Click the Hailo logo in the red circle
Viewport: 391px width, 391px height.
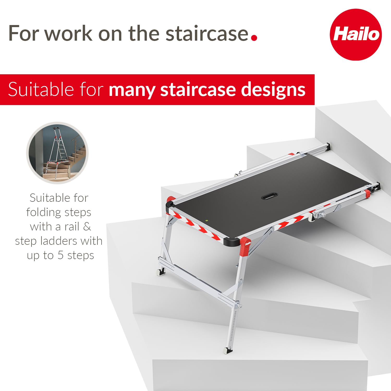pos(356,34)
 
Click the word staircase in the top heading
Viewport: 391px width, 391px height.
pos(207,33)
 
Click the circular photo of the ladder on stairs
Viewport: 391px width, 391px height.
pos(57,153)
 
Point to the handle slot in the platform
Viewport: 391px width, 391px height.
pos(269,196)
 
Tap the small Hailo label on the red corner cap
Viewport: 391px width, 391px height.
pos(248,244)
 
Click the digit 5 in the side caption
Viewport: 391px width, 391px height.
pos(60,255)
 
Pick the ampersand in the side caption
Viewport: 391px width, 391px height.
pos(87,227)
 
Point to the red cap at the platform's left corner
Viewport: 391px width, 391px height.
pos(171,200)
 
